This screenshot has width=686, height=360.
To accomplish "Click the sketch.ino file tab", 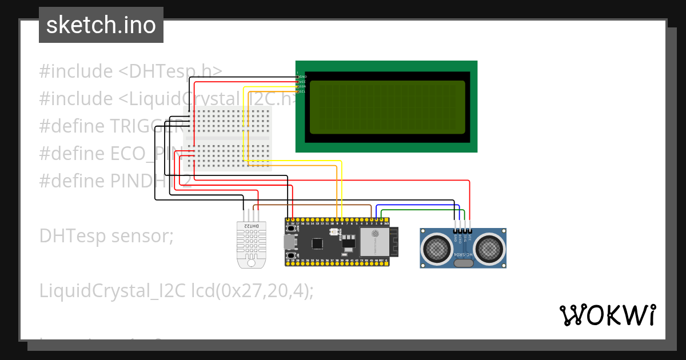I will [x=101, y=25].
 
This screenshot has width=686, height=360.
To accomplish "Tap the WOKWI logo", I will [x=607, y=315].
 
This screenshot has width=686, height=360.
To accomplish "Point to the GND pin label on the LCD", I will [x=303, y=77].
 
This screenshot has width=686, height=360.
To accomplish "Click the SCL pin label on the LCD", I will [x=303, y=91].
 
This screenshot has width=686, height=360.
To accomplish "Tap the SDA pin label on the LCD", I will [x=303, y=87].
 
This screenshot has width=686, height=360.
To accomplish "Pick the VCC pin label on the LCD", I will [x=303, y=82].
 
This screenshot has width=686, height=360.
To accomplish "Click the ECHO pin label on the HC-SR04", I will [x=460, y=236].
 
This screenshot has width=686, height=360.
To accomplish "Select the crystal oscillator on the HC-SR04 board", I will [x=463, y=263].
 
